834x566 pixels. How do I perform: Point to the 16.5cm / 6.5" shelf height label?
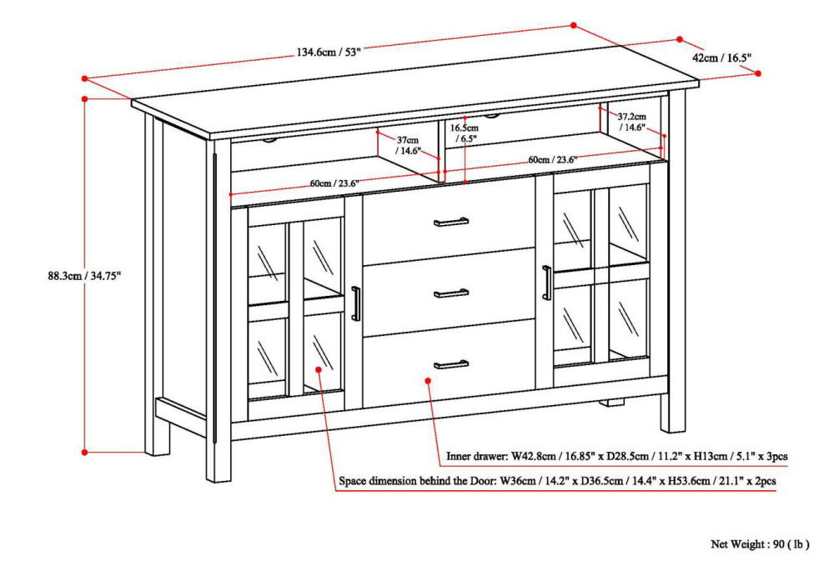(x=465, y=134)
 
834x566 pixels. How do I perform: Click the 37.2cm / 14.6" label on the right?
(x=631, y=123)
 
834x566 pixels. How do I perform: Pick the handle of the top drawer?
(x=451, y=222)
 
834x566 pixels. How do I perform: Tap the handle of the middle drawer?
(x=451, y=293)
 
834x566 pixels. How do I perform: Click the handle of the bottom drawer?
(x=451, y=364)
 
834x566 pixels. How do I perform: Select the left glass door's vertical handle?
(x=355, y=303)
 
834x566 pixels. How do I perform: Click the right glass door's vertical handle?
(x=546, y=283)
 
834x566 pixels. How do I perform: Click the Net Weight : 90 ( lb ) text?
(x=759, y=544)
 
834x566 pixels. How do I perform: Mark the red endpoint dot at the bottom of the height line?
(x=84, y=452)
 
